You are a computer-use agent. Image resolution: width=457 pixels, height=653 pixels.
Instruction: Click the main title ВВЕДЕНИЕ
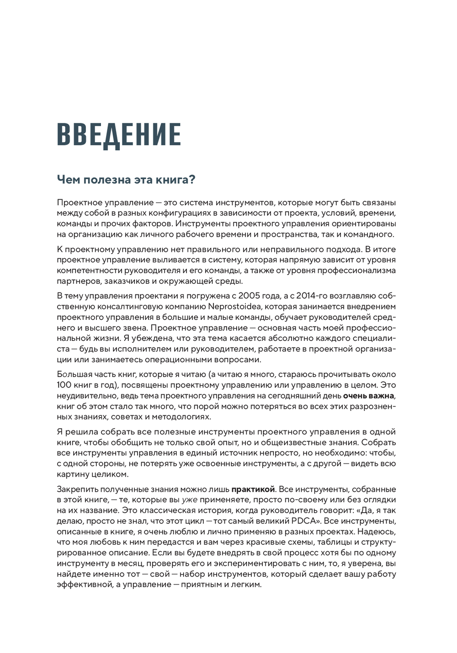(119, 134)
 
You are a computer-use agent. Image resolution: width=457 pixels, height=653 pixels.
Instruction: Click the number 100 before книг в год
(65, 385)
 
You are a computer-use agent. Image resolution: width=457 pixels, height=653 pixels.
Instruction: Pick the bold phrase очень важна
(368, 395)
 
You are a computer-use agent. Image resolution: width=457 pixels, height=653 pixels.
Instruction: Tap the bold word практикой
(253, 489)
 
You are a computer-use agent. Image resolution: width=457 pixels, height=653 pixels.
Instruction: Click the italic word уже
(190, 499)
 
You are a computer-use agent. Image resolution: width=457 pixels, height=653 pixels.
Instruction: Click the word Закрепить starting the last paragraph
(76, 489)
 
